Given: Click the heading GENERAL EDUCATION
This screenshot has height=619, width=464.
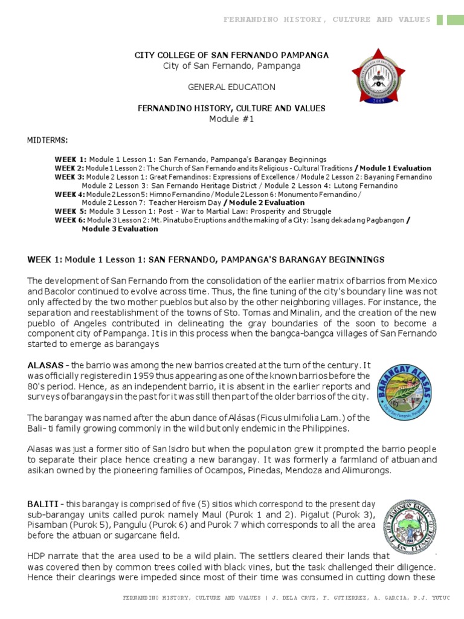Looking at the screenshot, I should click(231, 87).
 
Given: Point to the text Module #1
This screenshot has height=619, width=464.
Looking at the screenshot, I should click(231, 118).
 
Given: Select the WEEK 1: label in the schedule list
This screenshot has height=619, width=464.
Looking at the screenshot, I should click(71, 159).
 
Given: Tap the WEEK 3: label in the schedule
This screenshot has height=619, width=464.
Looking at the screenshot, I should click(70, 177).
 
